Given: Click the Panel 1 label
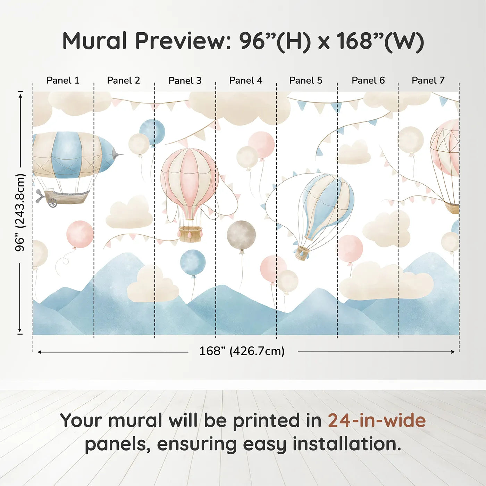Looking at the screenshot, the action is (x=63, y=81).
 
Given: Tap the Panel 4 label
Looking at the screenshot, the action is (x=246, y=81).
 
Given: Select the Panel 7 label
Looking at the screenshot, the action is (x=428, y=81).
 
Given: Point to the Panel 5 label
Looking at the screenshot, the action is (x=306, y=81).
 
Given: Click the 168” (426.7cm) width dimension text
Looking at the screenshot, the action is (x=242, y=351).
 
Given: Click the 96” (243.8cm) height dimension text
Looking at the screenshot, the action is (x=20, y=212).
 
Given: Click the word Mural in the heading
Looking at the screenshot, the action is (x=94, y=41).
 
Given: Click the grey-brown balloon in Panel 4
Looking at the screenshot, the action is (x=241, y=235).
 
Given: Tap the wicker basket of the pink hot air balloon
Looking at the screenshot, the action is (x=191, y=234).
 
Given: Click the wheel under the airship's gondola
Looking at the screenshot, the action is (x=53, y=203).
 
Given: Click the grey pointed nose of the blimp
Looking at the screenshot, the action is (x=117, y=153).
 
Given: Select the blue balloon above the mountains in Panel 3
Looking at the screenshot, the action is (x=193, y=262).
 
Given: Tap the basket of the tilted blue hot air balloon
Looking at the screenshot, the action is (x=302, y=253).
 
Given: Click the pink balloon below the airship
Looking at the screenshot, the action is (x=80, y=234).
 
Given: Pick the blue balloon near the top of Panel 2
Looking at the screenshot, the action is (x=152, y=132).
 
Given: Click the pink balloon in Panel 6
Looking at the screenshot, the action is (x=350, y=249).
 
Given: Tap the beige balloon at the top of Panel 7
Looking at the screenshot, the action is (x=411, y=140).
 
